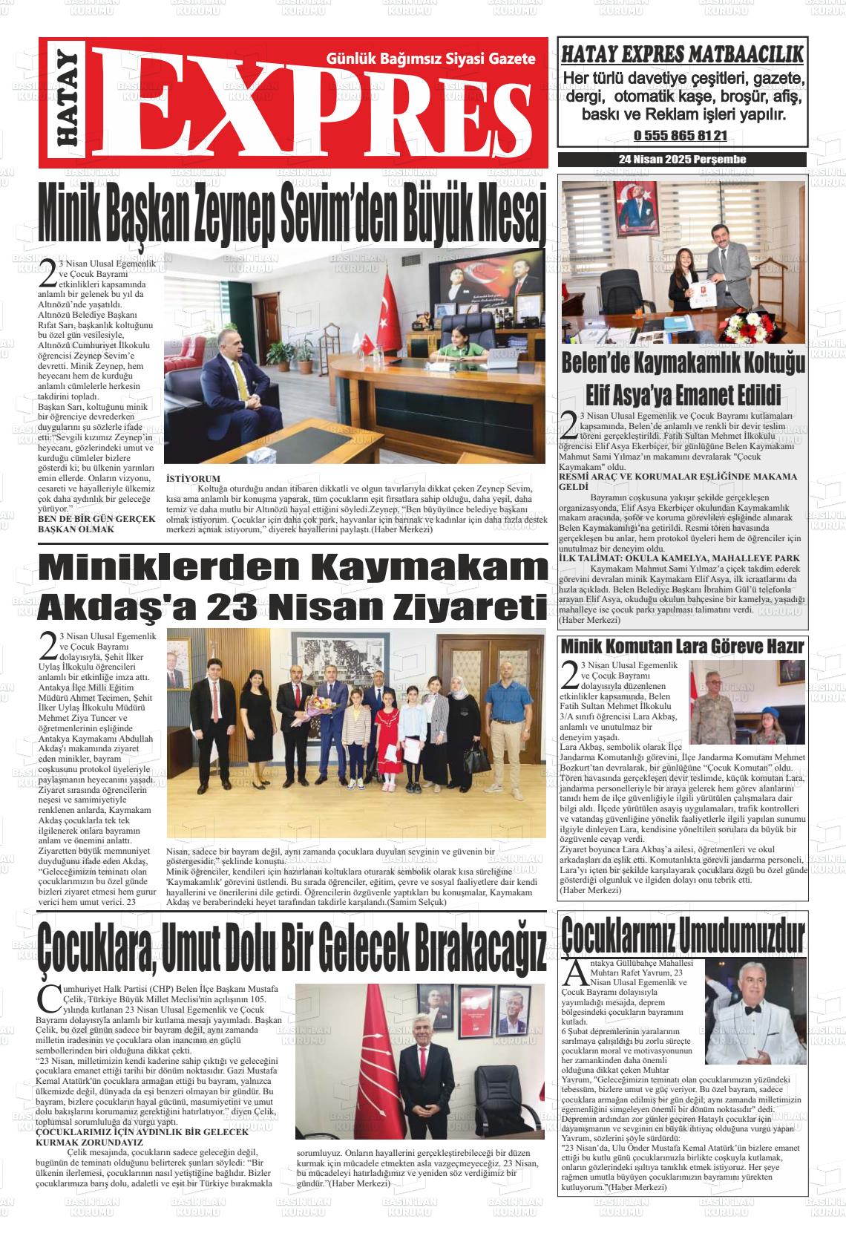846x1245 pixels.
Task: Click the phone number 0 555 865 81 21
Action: [681, 137]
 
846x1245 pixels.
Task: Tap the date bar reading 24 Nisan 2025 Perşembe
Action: [682, 160]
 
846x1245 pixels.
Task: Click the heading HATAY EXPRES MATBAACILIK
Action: [682, 54]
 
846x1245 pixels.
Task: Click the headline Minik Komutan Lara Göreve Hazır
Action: [682, 646]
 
